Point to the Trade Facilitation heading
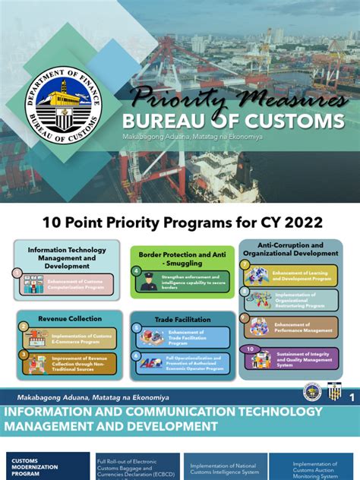(x=178, y=320)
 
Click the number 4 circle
(x=136, y=270)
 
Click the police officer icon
(x=148, y=282)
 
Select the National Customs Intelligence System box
(x=226, y=467)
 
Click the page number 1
(x=352, y=397)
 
